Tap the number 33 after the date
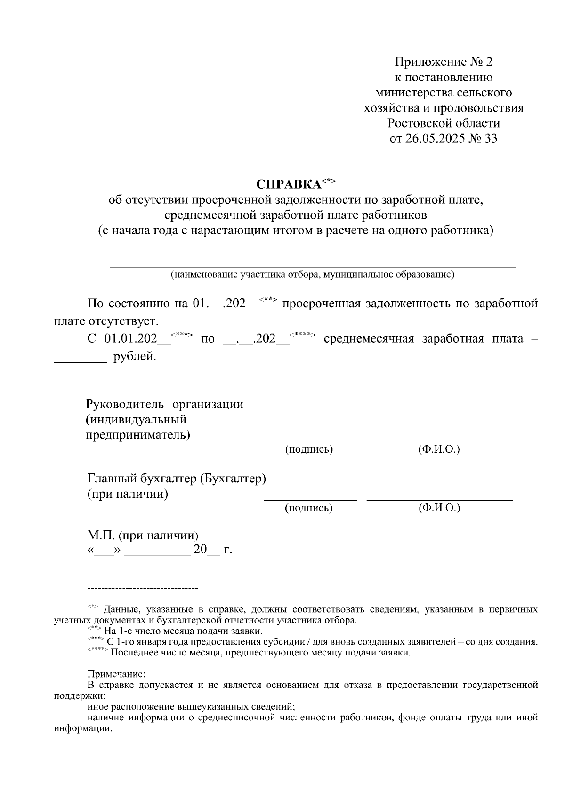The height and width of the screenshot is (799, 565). tap(490, 139)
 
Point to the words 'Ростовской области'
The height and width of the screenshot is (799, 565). tap(444, 123)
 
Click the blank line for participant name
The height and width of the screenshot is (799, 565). tap(312, 267)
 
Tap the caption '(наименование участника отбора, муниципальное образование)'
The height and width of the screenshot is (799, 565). tap(312, 274)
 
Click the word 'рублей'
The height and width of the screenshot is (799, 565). tap(134, 356)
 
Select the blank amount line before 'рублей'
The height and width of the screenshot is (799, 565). tap(81, 361)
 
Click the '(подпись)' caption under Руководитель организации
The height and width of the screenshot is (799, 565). tap(309, 449)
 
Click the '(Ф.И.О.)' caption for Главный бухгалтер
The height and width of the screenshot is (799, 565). tap(439, 508)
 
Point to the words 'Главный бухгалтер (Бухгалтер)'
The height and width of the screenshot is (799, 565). tap(177, 479)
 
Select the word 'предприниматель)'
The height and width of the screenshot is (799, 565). tap(138, 434)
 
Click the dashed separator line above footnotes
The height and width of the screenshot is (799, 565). tap(143, 588)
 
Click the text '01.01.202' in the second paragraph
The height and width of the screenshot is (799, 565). tap(130, 339)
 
